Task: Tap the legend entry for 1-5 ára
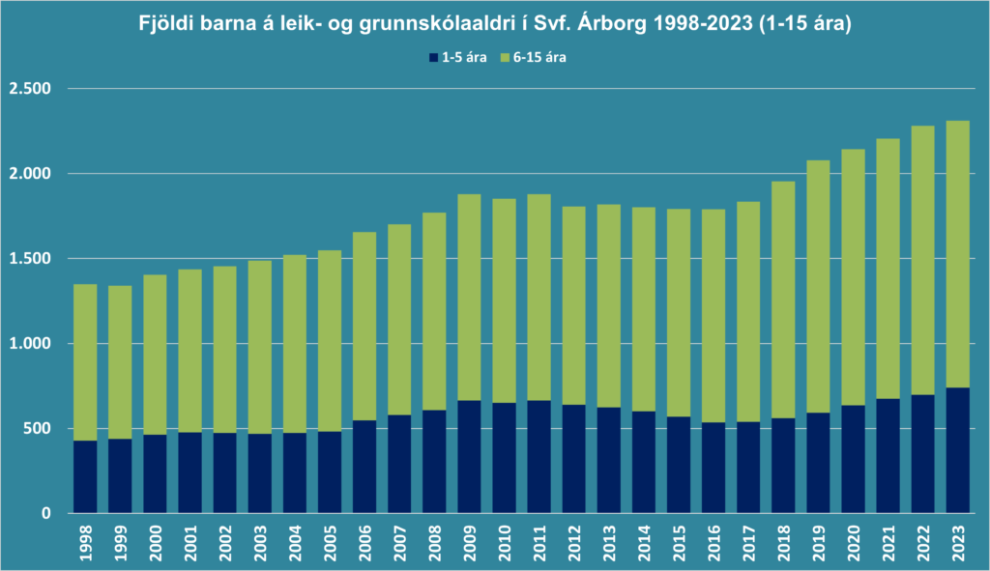(x=458, y=58)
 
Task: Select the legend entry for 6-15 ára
(x=533, y=58)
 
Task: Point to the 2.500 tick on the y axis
(x=30, y=89)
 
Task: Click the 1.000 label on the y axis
(x=30, y=344)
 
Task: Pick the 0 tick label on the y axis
(x=45, y=514)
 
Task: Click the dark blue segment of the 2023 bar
(x=958, y=450)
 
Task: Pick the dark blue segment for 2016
(x=713, y=468)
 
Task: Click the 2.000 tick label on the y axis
(x=30, y=174)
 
